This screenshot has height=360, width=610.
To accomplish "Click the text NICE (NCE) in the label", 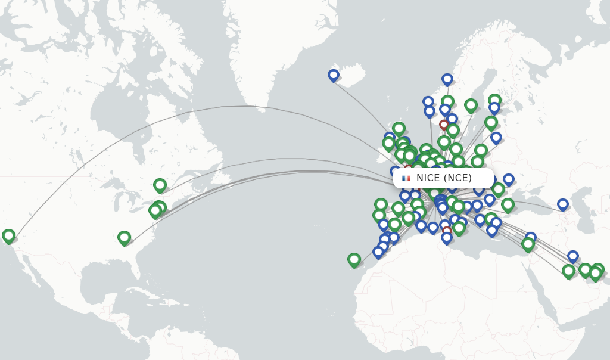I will coord(444,178).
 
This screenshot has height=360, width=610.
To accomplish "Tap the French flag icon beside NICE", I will coord(406,178).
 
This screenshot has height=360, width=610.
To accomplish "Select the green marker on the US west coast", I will coord(8,236).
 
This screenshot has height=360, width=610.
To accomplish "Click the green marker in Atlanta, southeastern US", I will coord(124,238).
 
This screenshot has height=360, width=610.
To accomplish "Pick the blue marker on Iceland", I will coord(334,75).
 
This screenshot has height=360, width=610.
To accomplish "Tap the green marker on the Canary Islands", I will coord(354,259).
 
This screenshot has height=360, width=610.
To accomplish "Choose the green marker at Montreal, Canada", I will coord(160,185).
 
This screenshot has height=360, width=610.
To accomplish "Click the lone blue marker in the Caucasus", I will coord(563,204).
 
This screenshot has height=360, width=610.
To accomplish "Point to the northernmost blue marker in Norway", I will coord(447,79).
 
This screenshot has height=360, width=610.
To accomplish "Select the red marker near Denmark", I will coord(444,125).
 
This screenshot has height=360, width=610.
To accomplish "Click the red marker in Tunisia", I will coord(447,231).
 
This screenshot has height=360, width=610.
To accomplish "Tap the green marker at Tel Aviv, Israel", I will coord(528,244).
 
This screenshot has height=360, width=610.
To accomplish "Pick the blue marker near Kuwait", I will coord(573,256).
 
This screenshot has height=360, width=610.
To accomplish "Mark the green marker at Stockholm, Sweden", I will coord(471,105).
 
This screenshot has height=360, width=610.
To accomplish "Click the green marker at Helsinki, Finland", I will coord(494,100).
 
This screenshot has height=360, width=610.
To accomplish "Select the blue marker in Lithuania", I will coord(496,138).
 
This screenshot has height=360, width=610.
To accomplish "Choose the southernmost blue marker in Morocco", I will coord(378,252).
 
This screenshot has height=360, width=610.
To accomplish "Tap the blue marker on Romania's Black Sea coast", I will coord(508,179).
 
